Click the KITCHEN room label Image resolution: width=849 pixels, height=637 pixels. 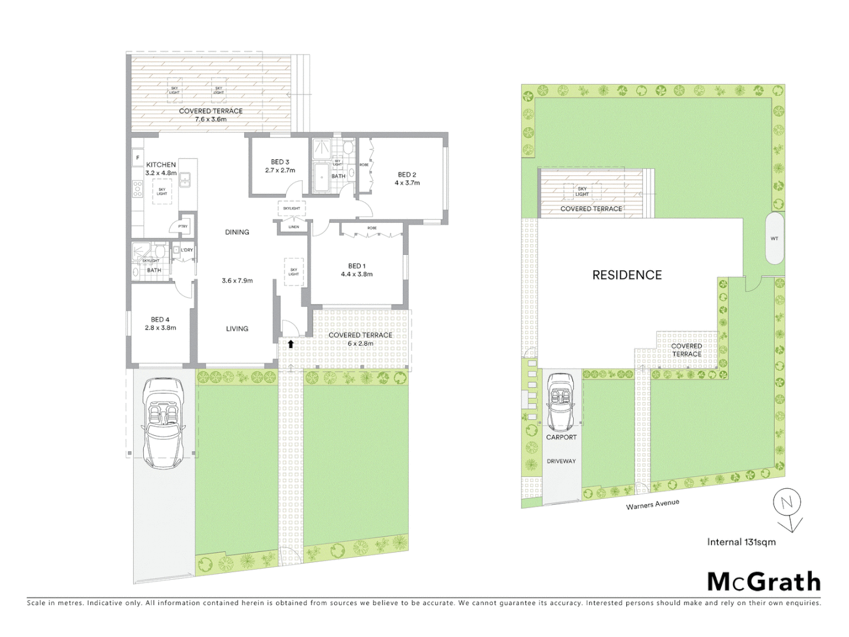pyautogui.click(x=161, y=165)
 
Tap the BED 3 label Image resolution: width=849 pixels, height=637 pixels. pyautogui.click(x=280, y=162)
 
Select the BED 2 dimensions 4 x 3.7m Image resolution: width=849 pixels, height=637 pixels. pyautogui.click(x=407, y=183)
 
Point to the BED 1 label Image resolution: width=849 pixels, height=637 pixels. pyautogui.click(x=357, y=266)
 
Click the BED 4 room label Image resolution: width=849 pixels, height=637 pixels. pyautogui.click(x=160, y=320)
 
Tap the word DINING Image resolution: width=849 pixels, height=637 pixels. pyautogui.click(x=237, y=232)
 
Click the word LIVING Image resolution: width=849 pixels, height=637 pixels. pyautogui.click(x=237, y=329)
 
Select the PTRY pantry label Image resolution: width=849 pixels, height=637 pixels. pyautogui.click(x=183, y=226)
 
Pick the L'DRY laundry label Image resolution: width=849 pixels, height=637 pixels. pyautogui.click(x=187, y=250)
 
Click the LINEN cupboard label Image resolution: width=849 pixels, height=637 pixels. pyautogui.click(x=294, y=227)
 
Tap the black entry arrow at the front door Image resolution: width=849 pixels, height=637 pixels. pyautogui.click(x=291, y=343)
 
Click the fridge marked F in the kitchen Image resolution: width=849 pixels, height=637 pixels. pyautogui.click(x=138, y=157)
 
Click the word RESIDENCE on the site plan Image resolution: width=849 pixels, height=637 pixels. pyautogui.click(x=627, y=275)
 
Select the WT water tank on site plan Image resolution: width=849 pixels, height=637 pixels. pyautogui.click(x=774, y=239)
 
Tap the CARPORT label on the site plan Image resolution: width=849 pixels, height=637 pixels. pyautogui.click(x=561, y=438)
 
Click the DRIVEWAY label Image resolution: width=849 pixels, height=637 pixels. pyautogui.click(x=561, y=461)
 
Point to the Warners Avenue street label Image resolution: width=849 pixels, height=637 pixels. pyautogui.click(x=653, y=505)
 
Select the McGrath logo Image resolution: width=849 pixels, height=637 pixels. pyautogui.click(x=764, y=582)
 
